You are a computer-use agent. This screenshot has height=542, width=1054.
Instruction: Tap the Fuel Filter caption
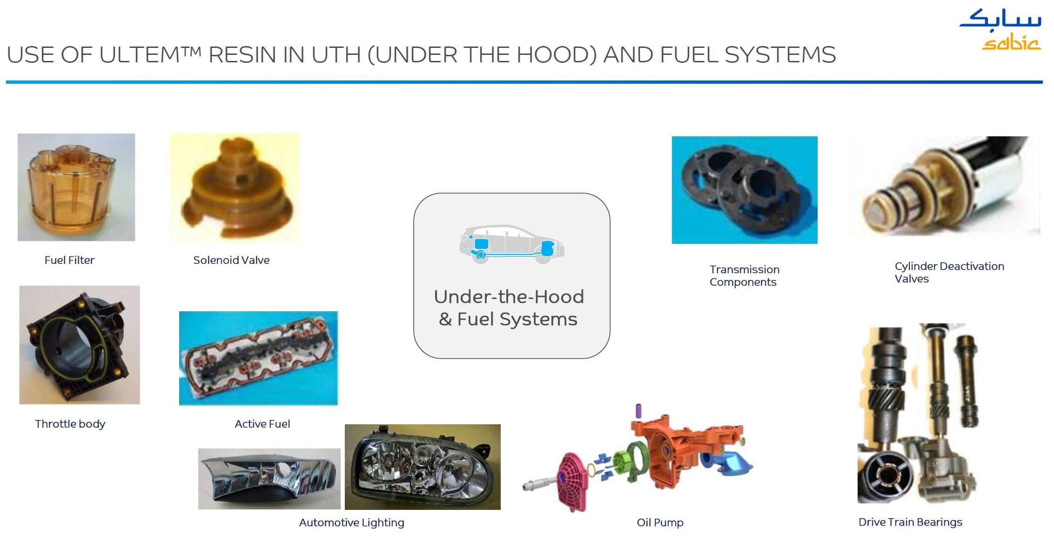click(69, 260)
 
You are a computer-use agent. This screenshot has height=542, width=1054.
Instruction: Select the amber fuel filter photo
click(76, 187)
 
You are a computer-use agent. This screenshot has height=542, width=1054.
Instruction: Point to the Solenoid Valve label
click(231, 260)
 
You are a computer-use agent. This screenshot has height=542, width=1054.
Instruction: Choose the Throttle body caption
click(70, 424)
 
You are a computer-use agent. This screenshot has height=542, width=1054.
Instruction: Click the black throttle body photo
click(80, 345)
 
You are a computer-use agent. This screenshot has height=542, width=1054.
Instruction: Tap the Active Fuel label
click(262, 424)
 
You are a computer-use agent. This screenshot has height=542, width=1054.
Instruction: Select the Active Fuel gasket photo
click(258, 358)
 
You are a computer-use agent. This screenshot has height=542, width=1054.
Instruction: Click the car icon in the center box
click(512, 245)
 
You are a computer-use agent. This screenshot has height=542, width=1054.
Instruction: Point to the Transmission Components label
click(744, 275)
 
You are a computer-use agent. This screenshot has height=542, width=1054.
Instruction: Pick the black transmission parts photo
click(745, 190)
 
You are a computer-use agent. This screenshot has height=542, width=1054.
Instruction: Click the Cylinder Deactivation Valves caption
click(949, 272)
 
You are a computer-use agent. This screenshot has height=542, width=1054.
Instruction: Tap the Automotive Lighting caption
click(352, 522)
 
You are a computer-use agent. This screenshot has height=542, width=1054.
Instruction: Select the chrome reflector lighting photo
click(269, 479)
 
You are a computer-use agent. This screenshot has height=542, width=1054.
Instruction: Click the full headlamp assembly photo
click(423, 467)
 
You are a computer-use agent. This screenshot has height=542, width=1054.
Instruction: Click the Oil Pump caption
click(660, 522)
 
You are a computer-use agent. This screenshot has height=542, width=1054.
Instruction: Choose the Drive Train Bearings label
click(910, 522)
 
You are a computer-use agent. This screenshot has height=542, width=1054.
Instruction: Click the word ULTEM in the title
click(150, 55)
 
